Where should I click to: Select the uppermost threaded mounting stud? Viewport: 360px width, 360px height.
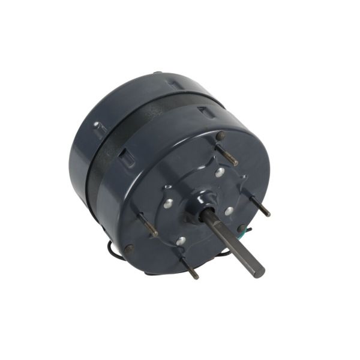click(x=227, y=155)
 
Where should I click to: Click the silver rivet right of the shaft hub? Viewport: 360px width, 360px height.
click(x=229, y=211)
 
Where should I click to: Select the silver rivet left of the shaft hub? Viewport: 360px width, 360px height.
click(x=169, y=203)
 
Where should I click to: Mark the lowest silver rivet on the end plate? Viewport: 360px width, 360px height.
click(x=181, y=241)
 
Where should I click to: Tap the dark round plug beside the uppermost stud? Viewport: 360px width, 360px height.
click(x=220, y=136)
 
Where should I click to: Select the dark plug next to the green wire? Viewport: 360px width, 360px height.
click(x=241, y=229)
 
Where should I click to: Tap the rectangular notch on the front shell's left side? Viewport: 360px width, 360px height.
click(x=127, y=157)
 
